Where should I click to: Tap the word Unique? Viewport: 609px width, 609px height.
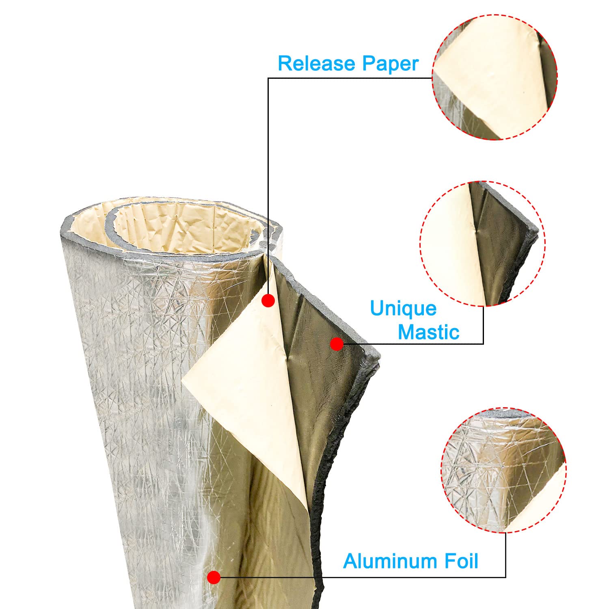tap(403, 309)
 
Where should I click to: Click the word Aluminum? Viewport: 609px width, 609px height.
tap(388, 561)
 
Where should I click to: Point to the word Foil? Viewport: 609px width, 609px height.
tap(459, 561)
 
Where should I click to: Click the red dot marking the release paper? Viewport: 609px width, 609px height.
tap(268, 301)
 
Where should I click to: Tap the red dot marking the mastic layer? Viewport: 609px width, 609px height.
tap(337, 344)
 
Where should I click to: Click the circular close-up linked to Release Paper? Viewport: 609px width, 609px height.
tap(495, 78)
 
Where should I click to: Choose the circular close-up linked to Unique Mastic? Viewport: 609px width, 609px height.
tap(482, 244)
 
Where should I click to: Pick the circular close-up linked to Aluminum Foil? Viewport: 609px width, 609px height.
tap(503, 470)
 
